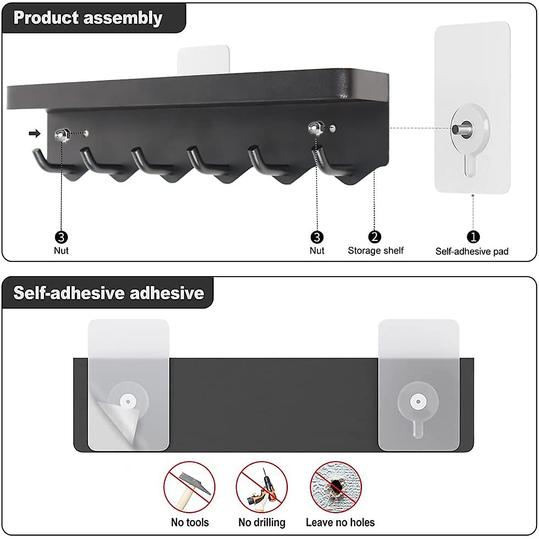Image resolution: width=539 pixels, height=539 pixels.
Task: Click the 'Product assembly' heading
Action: pyautogui.click(x=88, y=18)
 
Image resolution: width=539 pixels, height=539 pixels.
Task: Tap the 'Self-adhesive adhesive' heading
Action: pyautogui.click(x=109, y=293)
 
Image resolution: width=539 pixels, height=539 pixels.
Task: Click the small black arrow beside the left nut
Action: pyautogui.click(x=34, y=133)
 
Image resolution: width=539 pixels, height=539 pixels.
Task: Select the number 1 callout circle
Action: pyautogui.click(x=473, y=237)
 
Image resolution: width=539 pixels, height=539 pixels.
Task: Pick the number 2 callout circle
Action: pyautogui.click(x=375, y=237)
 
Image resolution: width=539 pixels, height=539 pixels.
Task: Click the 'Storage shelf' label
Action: pyautogui.click(x=376, y=251)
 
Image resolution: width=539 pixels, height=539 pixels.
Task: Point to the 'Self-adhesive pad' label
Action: pyautogui.click(x=472, y=252)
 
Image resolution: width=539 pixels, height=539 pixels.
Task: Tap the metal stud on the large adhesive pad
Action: pyautogui.click(x=462, y=129)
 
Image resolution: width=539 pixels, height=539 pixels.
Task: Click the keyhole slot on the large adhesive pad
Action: pyautogui.click(x=469, y=166)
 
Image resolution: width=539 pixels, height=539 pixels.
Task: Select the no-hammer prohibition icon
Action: pyautogui.click(x=189, y=487)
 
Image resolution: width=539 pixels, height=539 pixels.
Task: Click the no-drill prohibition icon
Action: pyautogui.click(x=261, y=487)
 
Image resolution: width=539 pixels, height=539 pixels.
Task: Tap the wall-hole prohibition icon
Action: pyautogui.click(x=336, y=487)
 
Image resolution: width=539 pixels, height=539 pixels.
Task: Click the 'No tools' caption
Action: pyautogui.click(x=190, y=522)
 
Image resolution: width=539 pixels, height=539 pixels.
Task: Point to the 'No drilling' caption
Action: pyautogui.click(x=261, y=522)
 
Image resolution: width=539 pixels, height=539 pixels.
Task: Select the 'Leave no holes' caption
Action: pyautogui.click(x=340, y=522)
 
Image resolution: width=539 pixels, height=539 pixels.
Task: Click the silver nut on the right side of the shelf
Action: pyautogui.click(x=315, y=129)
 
